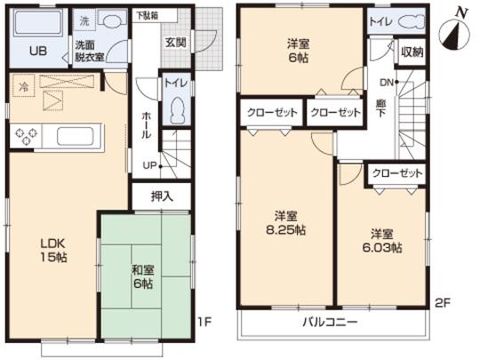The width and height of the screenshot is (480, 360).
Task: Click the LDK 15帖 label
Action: [x=52, y=249]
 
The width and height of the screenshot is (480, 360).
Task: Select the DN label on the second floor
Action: [x=386, y=82]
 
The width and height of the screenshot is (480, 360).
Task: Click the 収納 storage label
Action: [x=412, y=52]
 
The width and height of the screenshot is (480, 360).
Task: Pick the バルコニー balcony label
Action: [x=329, y=321]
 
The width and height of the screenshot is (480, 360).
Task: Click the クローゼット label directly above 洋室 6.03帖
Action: [x=397, y=173]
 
